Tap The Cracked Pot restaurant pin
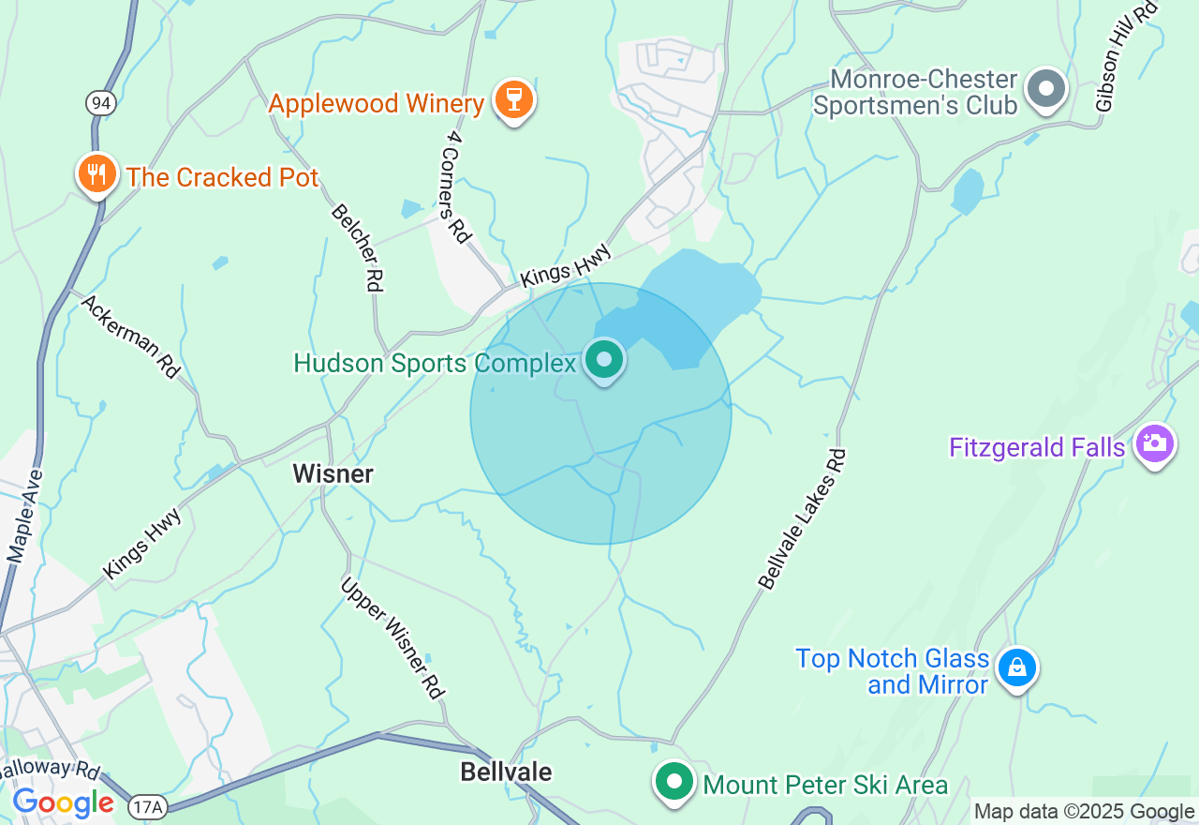96,174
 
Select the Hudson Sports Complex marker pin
604,360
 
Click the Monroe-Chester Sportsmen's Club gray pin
1046,90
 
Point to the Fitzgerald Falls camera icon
1154,443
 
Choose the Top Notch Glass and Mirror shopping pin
1016,668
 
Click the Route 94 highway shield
101,103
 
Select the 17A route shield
146,805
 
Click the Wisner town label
333,473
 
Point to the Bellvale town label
506,772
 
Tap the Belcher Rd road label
358,247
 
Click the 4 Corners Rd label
456,186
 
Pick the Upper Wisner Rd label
392,637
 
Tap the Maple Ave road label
26,517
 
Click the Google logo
62,803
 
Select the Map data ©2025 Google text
1084,812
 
